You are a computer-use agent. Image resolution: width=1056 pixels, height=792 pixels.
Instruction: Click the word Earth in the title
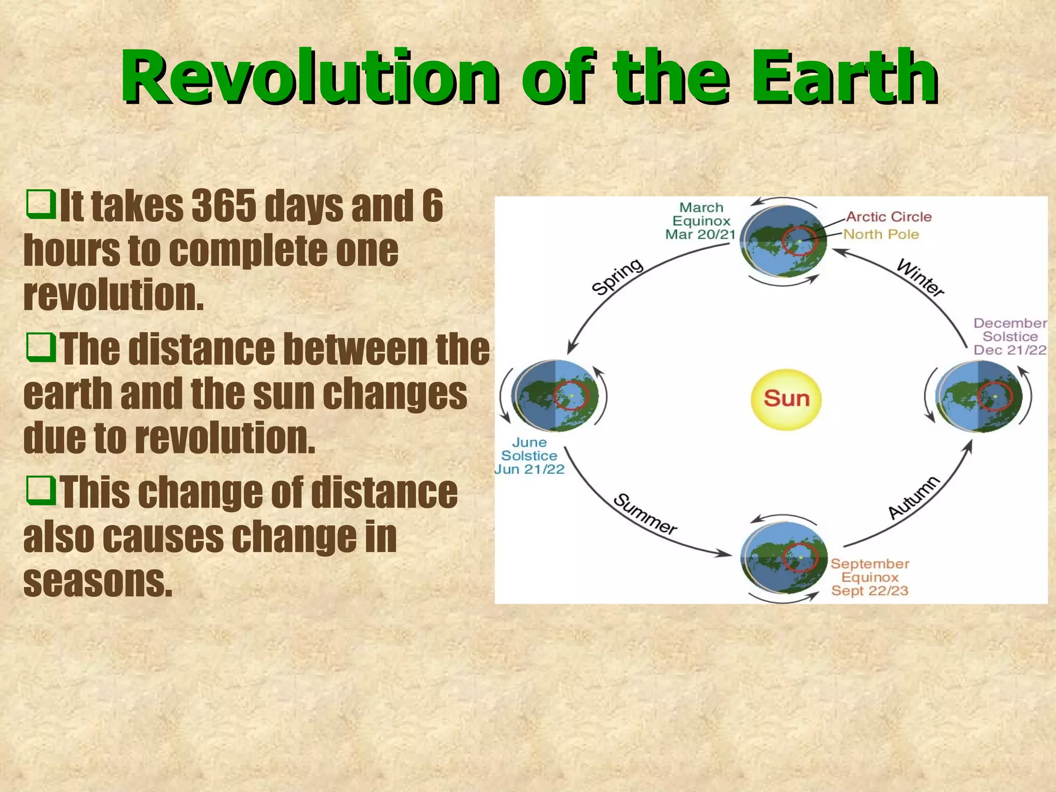coord(844,77)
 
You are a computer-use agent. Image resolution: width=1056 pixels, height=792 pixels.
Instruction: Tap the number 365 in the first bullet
coord(223,206)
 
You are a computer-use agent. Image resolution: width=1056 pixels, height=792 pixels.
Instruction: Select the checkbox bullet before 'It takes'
coord(41,204)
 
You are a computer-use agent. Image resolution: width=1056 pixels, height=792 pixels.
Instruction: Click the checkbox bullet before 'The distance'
coord(41,347)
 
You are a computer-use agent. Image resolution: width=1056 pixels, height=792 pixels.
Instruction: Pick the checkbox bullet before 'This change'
coord(41,490)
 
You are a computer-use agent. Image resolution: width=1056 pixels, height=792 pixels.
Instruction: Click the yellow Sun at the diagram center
coord(785,399)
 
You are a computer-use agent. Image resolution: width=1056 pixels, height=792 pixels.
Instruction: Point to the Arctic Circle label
coord(888,217)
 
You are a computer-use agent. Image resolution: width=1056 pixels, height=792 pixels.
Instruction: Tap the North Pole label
coord(881,235)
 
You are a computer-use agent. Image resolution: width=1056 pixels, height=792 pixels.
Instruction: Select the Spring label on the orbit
coord(617,276)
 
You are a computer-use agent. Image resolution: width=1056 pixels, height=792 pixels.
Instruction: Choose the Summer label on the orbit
coord(645,515)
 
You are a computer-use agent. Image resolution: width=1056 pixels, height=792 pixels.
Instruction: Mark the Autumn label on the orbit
coord(914,498)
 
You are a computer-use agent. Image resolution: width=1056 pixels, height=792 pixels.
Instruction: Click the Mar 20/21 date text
coord(700,235)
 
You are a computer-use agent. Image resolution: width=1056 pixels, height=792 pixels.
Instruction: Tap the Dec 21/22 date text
coord(1010,350)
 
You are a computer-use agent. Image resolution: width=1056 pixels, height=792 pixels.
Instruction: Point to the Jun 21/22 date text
coord(530,469)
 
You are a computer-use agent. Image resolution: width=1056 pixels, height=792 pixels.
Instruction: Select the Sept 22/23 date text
coord(869,591)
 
